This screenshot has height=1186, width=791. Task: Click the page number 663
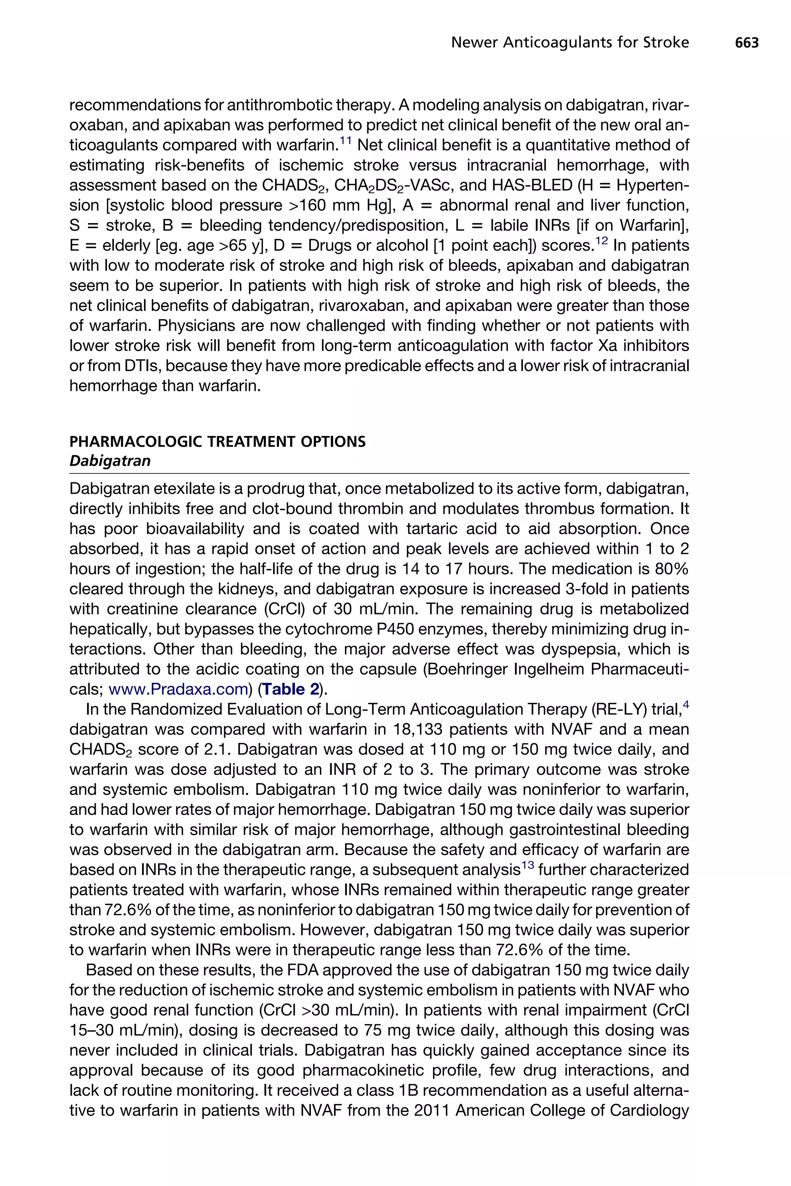click(x=747, y=43)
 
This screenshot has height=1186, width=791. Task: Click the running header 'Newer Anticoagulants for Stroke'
click(x=570, y=43)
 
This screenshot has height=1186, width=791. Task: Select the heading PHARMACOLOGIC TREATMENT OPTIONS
click(x=217, y=442)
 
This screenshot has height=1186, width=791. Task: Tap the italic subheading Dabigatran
click(x=110, y=461)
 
